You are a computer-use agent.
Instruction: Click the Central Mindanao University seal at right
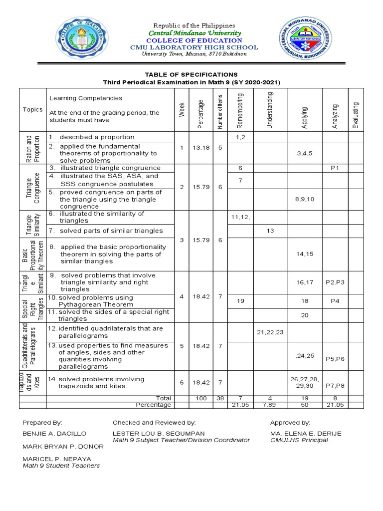pos(302,41)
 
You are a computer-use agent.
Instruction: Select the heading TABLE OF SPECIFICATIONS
pos(191,74)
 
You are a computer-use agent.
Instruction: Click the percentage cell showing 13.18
pos(200,148)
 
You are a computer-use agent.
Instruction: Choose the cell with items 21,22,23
pos(270,332)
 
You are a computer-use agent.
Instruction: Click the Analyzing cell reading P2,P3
pos(335,282)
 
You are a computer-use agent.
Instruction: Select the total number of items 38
pos(219,398)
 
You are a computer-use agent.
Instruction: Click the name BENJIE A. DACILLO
pos(54,434)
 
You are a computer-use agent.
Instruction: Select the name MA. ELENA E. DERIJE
pos(306,434)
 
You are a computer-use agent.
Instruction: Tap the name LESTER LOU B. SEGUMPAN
pos(159,434)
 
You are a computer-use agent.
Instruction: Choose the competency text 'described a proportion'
pos(97,137)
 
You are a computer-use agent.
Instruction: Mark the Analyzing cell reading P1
pos(335,168)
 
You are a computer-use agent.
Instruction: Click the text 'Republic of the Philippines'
pos(194,25)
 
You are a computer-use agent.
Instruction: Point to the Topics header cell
pos(32,110)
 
